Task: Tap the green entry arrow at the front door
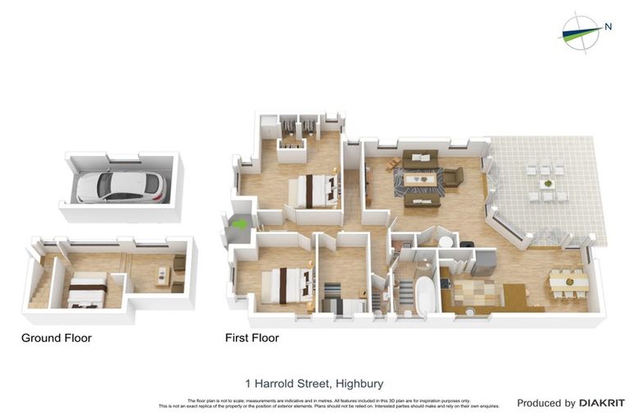[240, 223]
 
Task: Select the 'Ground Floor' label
[57, 338]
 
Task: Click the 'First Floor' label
[252, 338]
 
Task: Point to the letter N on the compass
[609, 26]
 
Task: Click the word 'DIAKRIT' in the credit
[602, 403]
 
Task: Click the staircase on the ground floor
[38, 291]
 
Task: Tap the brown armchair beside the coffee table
[453, 178]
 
